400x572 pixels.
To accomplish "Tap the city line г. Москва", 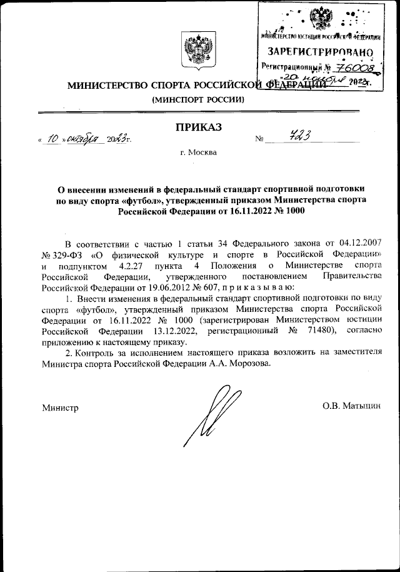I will pyautogui.click(x=197, y=153).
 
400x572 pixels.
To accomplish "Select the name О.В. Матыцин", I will pyautogui.click(x=351, y=406).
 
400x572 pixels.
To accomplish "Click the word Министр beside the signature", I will pyautogui.click(x=60, y=408).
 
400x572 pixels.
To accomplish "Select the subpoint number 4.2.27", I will pyautogui.click(x=149, y=265).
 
